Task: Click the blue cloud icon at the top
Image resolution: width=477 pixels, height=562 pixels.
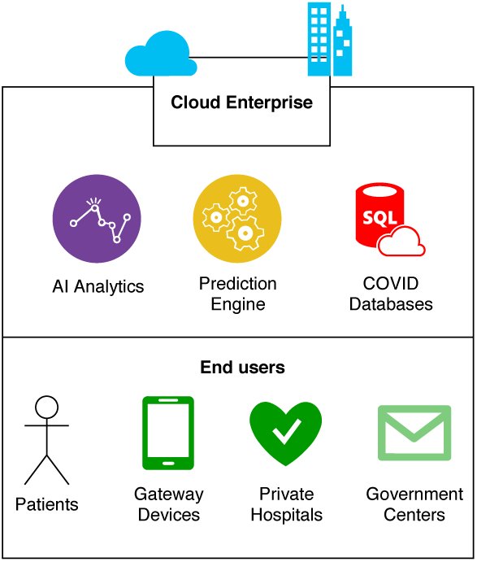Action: [161, 54]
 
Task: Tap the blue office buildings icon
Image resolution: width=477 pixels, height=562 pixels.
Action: [330, 39]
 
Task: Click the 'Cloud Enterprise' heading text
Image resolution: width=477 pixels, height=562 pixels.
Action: [241, 102]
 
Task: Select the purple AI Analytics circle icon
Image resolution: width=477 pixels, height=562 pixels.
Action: [97, 219]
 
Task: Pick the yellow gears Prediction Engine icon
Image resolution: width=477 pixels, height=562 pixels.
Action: [237, 219]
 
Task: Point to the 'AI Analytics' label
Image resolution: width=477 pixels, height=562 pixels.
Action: [98, 287]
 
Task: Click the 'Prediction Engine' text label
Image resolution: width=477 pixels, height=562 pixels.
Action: [238, 294]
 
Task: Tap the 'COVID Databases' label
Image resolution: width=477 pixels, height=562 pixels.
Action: [391, 294]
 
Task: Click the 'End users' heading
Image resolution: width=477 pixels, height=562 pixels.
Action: [242, 368]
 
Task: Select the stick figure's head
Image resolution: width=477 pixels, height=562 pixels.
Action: [47, 407]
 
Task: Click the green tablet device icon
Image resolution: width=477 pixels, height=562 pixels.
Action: [168, 433]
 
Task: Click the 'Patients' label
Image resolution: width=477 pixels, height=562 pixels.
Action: [47, 504]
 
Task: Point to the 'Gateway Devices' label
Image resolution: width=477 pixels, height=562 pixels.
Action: [169, 504]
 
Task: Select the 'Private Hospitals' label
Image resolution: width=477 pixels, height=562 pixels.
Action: [287, 504]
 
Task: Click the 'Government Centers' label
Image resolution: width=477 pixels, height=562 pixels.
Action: [414, 504]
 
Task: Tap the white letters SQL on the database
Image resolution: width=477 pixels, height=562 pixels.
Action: [379, 217]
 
